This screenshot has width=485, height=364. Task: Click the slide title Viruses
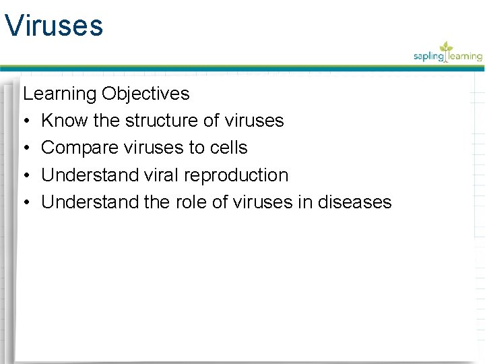(x=53, y=26)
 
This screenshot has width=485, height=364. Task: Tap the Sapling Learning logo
(x=447, y=53)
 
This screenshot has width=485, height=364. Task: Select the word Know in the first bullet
(x=61, y=121)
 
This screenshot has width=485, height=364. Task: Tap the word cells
(x=229, y=148)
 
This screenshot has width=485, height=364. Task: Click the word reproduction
(x=236, y=175)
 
